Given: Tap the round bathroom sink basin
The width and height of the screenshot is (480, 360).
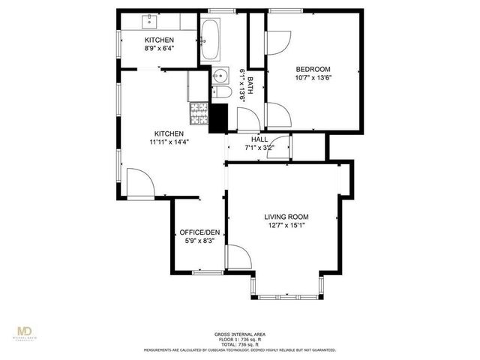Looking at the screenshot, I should click(220, 76).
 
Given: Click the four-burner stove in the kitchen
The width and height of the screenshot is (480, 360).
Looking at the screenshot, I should click(199, 113).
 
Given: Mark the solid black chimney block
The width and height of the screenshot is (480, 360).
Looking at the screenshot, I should click(218, 117).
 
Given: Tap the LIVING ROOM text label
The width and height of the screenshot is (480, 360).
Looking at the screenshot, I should click(287, 217).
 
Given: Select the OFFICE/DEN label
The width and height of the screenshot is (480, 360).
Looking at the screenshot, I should click(199, 232).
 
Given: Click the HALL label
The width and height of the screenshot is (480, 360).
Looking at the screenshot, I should click(259, 139).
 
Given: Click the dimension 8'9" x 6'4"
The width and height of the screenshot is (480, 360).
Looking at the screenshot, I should click(159, 49).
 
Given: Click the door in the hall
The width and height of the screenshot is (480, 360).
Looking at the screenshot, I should click(280, 148).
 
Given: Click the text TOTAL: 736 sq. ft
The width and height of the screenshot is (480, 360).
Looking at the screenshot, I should click(238, 343).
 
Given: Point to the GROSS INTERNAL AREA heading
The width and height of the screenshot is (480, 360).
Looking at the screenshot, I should click(238, 334).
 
